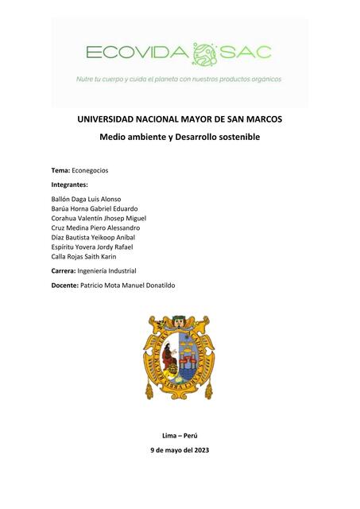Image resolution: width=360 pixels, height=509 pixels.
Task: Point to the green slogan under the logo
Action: point(179,79)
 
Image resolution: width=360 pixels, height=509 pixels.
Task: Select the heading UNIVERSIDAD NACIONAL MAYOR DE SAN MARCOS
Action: point(180,119)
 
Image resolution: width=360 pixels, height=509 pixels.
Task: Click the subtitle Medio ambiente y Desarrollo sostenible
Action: point(180,138)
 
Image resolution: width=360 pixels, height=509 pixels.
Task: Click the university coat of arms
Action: point(179,356)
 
